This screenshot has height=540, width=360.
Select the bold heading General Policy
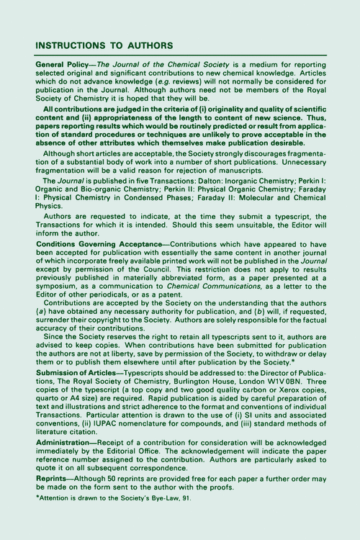pos(60,65)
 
